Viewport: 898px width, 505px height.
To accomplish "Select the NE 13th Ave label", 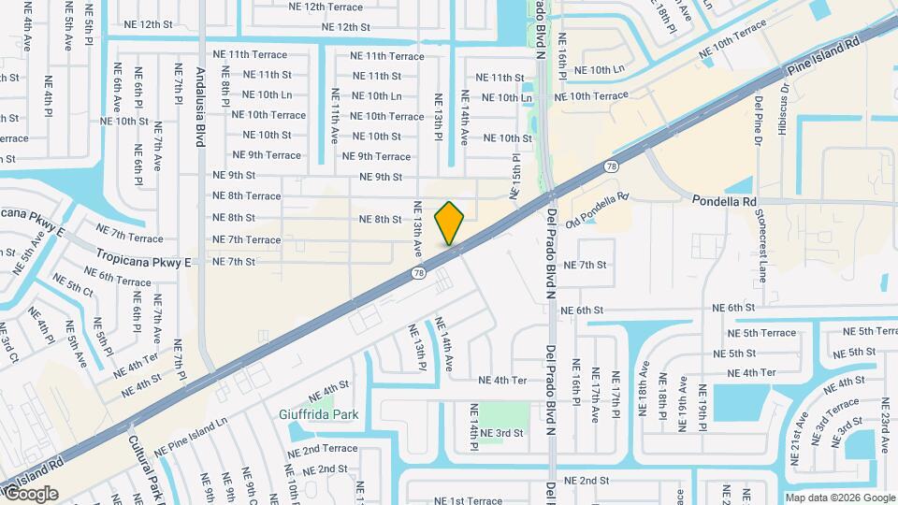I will tap(417, 230).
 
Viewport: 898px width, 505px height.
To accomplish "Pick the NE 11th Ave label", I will tap(334, 115).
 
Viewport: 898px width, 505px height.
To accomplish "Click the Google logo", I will tap(31, 494).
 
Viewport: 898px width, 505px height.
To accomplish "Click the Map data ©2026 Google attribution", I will tap(839, 498).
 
